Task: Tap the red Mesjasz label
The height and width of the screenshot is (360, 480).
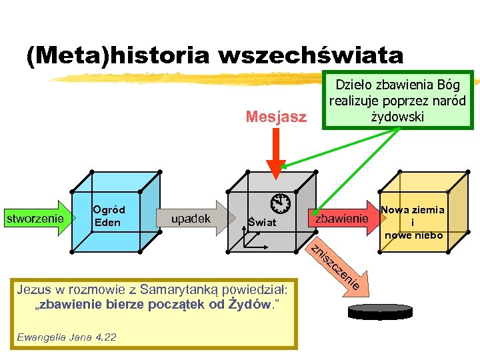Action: pyautogui.click(x=276, y=117)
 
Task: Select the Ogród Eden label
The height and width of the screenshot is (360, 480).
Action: pyautogui.click(x=108, y=216)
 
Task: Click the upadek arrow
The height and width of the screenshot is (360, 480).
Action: pyautogui.click(x=193, y=218)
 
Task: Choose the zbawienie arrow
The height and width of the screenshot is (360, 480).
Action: pyautogui.click(x=343, y=218)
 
